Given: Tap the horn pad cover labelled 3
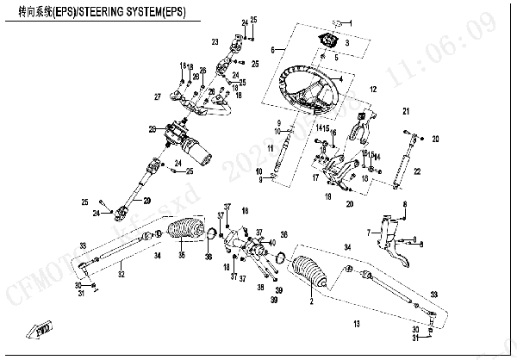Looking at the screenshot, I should coord(329,41).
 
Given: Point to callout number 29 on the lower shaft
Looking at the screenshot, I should coord(147,201).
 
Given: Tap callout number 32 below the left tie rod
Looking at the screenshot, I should coord(121,275).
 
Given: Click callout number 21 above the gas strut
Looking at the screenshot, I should coord(406,112).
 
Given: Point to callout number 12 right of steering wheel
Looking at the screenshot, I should coord(374,89).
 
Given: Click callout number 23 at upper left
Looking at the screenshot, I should coord(215,41).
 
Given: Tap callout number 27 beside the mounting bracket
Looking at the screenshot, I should coord(158,96).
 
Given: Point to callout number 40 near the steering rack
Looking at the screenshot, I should coord(272,243).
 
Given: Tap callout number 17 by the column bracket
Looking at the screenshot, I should coord(315,178).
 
